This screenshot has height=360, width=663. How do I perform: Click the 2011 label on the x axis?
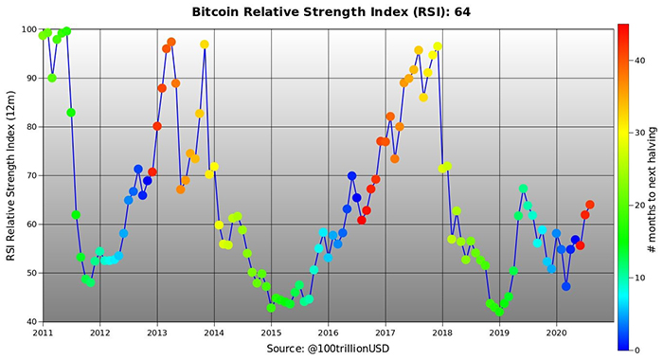(x=43, y=333)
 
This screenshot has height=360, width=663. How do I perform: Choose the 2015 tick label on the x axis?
(x=271, y=333)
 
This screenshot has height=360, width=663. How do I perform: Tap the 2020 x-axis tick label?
(x=557, y=333)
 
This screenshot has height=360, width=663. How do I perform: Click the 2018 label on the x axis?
(x=442, y=333)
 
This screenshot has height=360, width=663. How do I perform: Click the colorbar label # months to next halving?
(x=653, y=175)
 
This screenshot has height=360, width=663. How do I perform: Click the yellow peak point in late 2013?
(x=205, y=45)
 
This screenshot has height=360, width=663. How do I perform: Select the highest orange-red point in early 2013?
(x=171, y=43)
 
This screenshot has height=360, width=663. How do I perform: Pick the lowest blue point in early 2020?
(x=566, y=286)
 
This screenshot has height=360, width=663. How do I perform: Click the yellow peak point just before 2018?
(x=438, y=46)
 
